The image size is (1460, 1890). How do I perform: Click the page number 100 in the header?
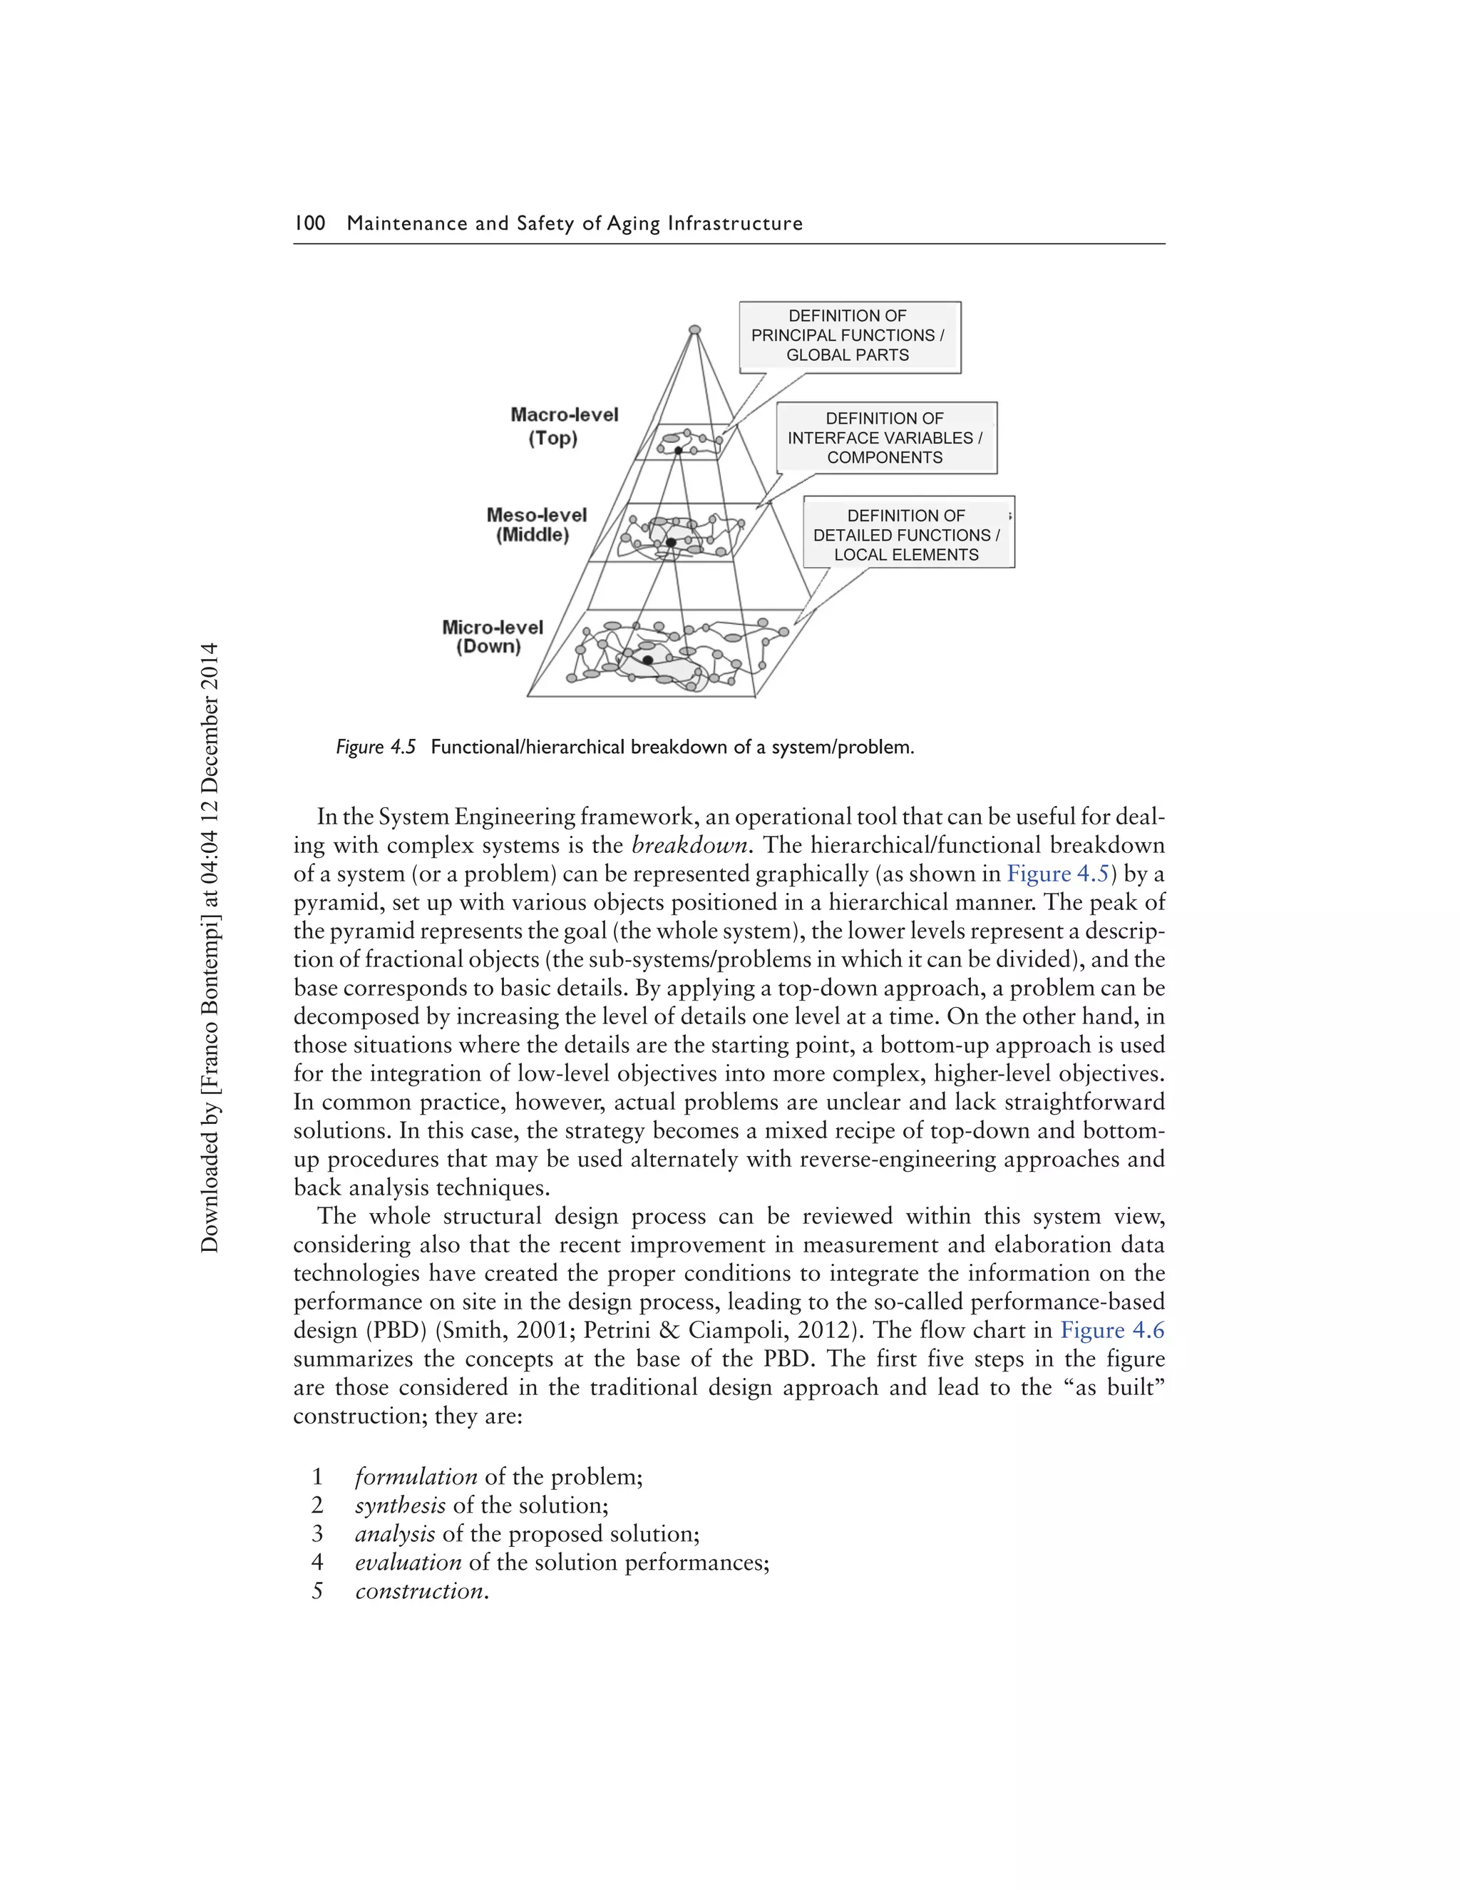coord(309,223)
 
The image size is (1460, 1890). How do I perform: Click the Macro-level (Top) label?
coord(564,426)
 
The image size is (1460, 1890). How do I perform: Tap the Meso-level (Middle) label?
coord(535,524)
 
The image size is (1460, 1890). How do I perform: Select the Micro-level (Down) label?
coord(491,637)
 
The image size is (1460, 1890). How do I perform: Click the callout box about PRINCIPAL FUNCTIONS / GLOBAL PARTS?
coord(848,336)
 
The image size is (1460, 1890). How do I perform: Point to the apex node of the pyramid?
coord(694,330)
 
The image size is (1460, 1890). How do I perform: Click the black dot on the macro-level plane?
coord(679,451)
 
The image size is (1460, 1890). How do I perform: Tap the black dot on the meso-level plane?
coord(670,543)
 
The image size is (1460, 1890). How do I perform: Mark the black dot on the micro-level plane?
coord(648,660)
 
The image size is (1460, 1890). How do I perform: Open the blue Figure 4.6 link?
coord(1111,1330)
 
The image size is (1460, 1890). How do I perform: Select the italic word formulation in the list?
coord(416,1476)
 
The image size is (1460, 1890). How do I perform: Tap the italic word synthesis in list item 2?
coord(401,1505)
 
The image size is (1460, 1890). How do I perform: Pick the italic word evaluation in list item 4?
coord(408,1562)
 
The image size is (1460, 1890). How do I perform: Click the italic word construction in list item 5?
coord(419,1590)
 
